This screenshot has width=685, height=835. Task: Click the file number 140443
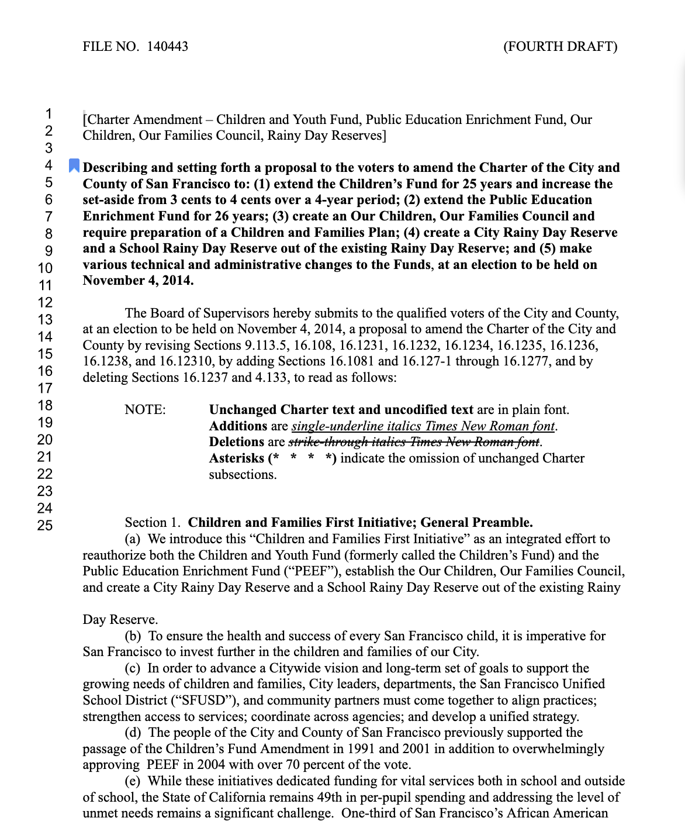pyautogui.click(x=168, y=47)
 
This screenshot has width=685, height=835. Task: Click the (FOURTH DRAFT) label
pyautogui.click(x=560, y=47)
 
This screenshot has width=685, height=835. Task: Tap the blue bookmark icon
pyautogui.click(x=74, y=166)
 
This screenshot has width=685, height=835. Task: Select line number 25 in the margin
pyautogui.click(x=45, y=526)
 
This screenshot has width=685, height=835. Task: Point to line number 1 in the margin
pyautogui.click(x=49, y=113)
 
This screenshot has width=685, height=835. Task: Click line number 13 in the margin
pyautogui.click(x=45, y=319)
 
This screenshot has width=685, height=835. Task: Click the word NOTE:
pyautogui.click(x=145, y=410)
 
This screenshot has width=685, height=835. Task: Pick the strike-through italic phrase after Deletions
pyautogui.click(x=415, y=442)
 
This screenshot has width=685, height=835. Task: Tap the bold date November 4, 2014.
pyautogui.click(x=138, y=281)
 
